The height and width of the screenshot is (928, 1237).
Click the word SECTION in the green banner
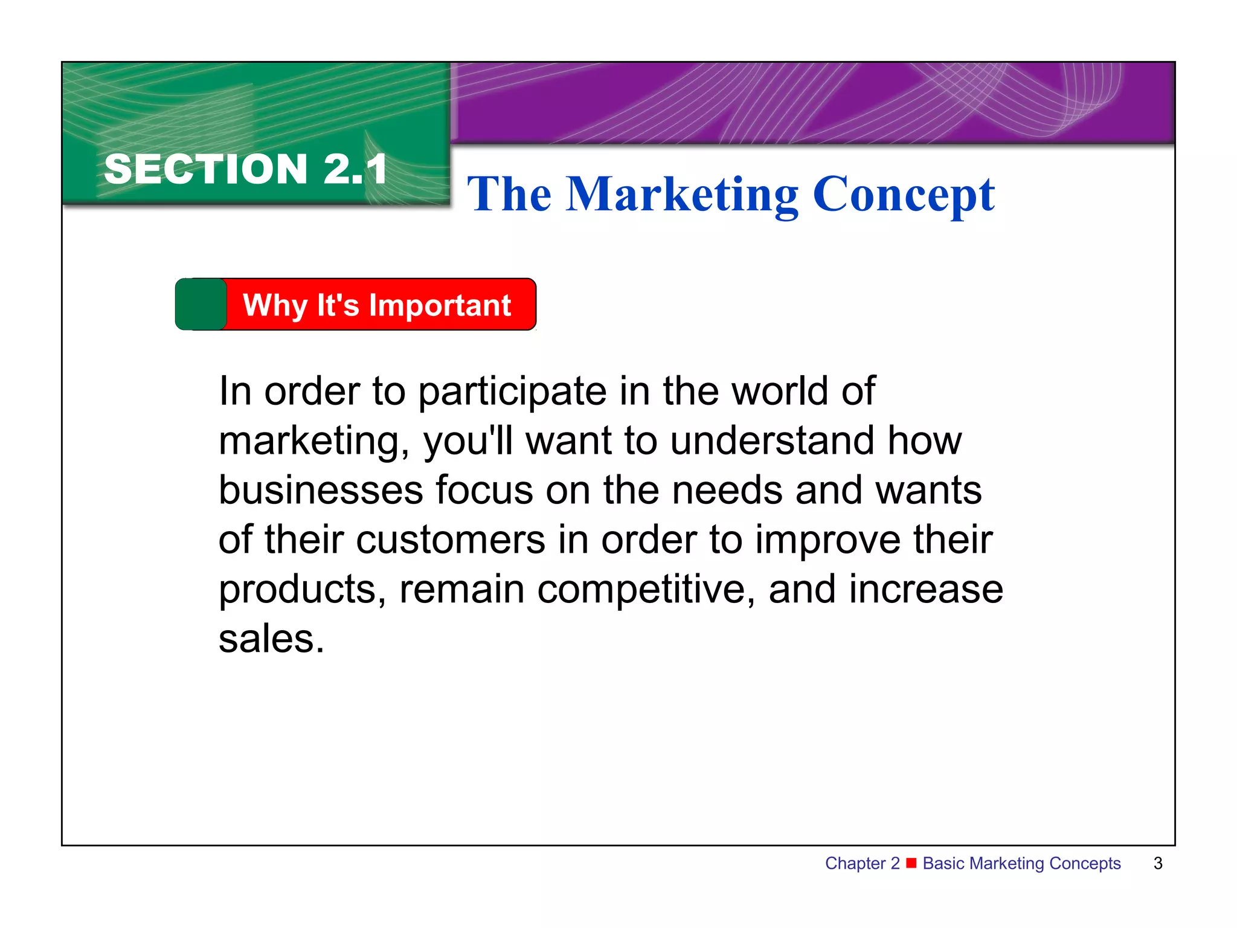206,169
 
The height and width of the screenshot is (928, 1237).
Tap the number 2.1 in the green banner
355,169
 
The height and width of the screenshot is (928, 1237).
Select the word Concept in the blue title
904,195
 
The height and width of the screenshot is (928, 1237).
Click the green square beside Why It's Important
201,304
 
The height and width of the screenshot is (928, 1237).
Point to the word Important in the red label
440,305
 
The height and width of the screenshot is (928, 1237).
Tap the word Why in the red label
275,305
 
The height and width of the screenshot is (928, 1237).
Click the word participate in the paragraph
512,392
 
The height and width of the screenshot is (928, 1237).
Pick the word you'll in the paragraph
467,441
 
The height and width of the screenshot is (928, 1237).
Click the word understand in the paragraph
772,440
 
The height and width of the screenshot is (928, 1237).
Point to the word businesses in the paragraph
321,490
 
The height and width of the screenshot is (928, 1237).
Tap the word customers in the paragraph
451,540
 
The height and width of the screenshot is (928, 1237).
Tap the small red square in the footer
911,862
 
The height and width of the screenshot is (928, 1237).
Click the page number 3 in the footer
1158,863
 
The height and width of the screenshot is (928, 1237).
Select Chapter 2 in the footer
862,863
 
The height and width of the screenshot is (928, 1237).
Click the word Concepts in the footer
1085,863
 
